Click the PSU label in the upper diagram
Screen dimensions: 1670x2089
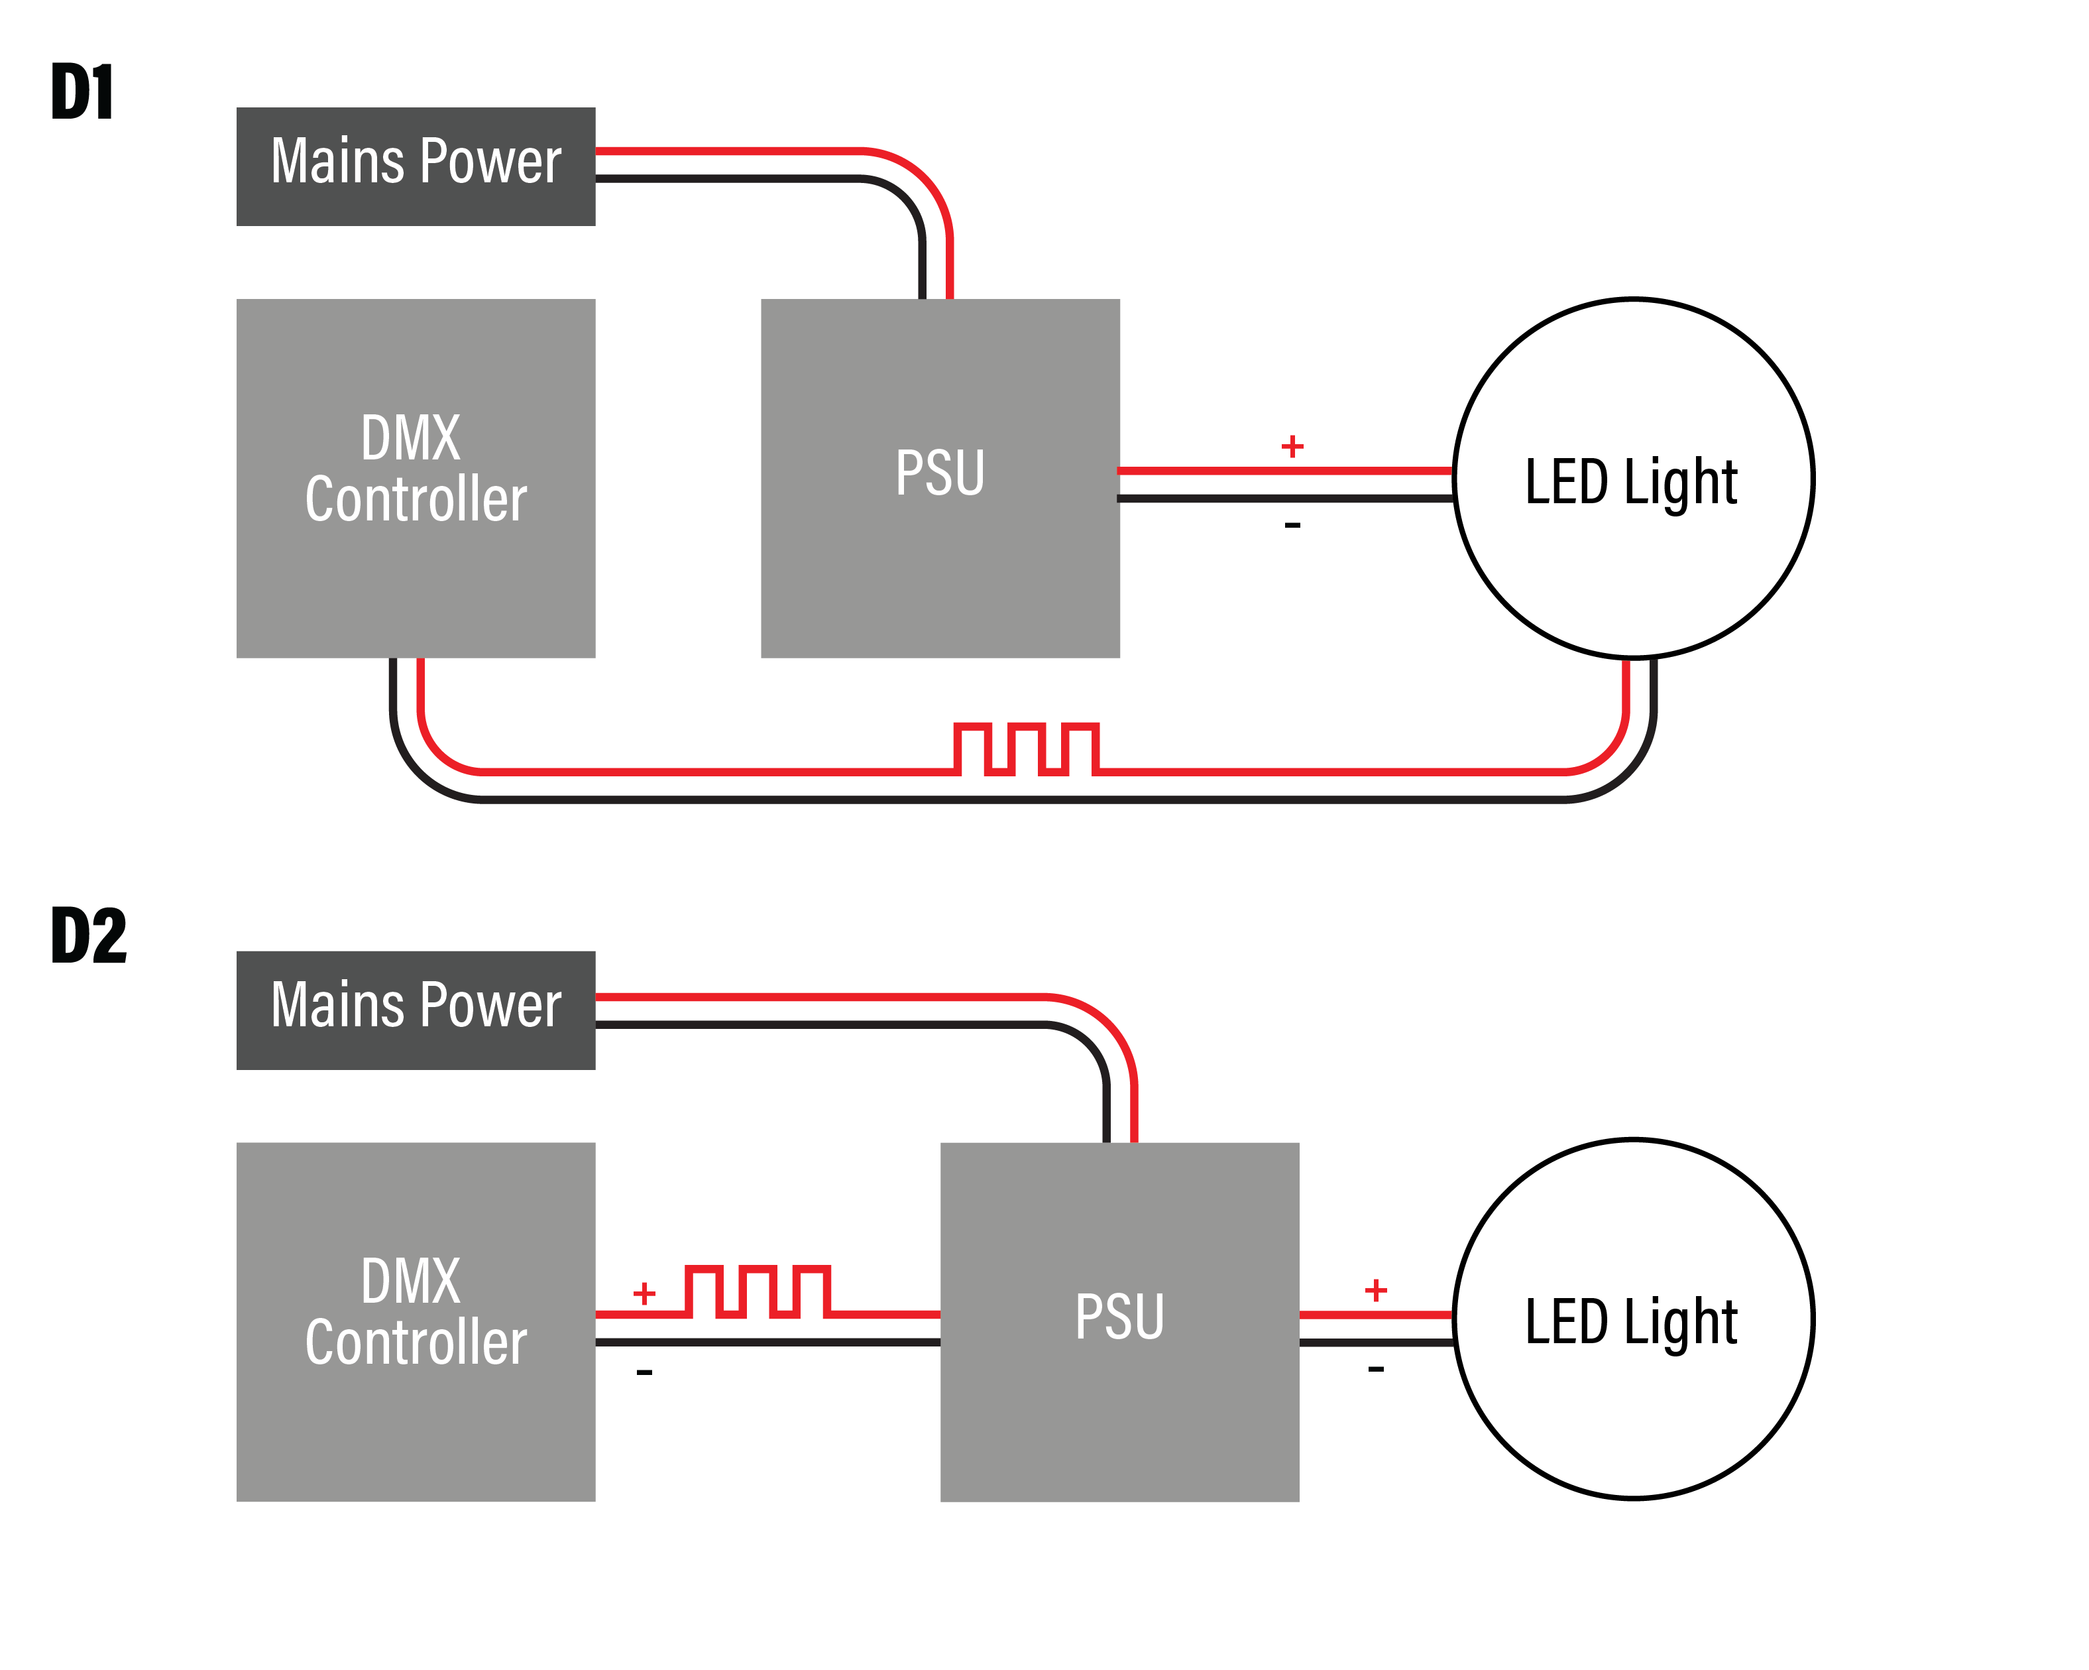pos(940,473)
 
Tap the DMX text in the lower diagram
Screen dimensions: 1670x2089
pos(411,1282)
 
